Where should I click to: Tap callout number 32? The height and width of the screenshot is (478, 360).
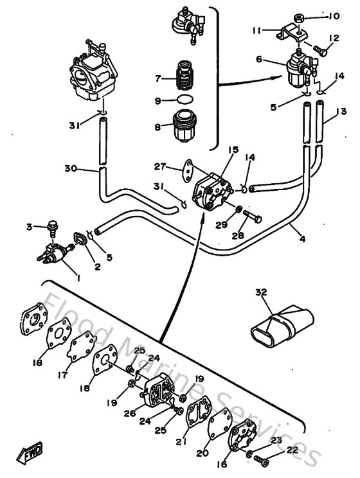point(261,292)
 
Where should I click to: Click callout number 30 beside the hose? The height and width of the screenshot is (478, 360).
point(71,169)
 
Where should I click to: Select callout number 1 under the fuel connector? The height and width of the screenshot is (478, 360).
point(78,278)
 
